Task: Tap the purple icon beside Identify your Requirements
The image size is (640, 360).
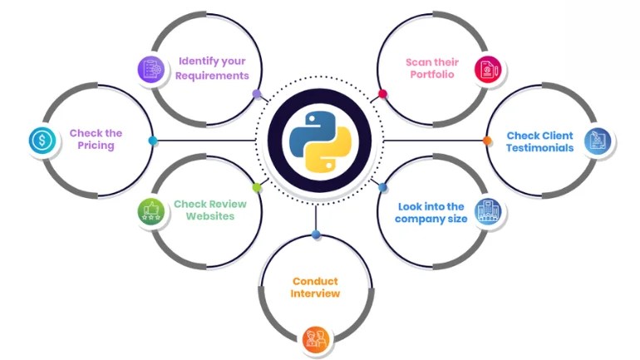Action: pyautogui.click(x=150, y=69)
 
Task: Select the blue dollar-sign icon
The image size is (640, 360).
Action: pyautogui.click(x=41, y=141)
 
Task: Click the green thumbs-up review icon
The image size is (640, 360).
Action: pyautogui.click(x=150, y=212)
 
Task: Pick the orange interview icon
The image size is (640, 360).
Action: pyautogui.click(x=316, y=337)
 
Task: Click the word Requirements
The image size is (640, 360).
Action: pyautogui.click(x=212, y=76)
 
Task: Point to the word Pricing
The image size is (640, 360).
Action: pyautogui.click(x=96, y=145)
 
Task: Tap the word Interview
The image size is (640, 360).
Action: pyautogui.click(x=316, y=293)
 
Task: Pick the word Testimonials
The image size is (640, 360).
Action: pyautogui.click(x=540, y=148)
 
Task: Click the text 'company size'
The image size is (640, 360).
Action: pyautogui.click(x=431, y=219)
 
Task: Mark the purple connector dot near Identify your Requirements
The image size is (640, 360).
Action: pyautogui.click(x=256, y=94)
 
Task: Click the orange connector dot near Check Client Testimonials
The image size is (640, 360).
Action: pyautogui.click(x=487, y=141)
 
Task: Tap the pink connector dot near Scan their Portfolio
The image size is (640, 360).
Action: pyautogui.click(x=382, y=94)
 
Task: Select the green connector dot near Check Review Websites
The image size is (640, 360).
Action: pyautogui.click(x=257, y=188)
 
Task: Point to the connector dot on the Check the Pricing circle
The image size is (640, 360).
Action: pyautogui.click(x=153, y=141)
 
